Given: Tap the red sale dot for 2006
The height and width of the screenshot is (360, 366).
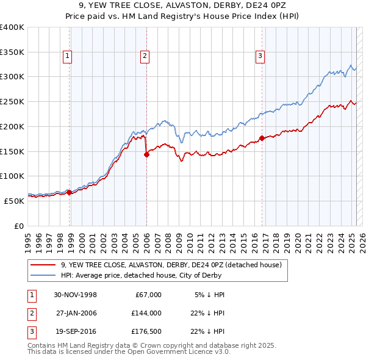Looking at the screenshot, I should [x=146, y=154].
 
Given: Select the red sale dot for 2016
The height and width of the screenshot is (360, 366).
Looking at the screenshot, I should [x=262, y=138].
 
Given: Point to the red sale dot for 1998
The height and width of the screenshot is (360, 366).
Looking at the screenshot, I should [x=70, y=192].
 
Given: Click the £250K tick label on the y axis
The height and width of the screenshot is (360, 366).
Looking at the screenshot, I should [x=12, y=101].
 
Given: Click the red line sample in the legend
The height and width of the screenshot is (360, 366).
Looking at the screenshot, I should [x=43, y=265].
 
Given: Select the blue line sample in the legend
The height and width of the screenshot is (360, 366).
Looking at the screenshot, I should [x=43, y=275].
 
